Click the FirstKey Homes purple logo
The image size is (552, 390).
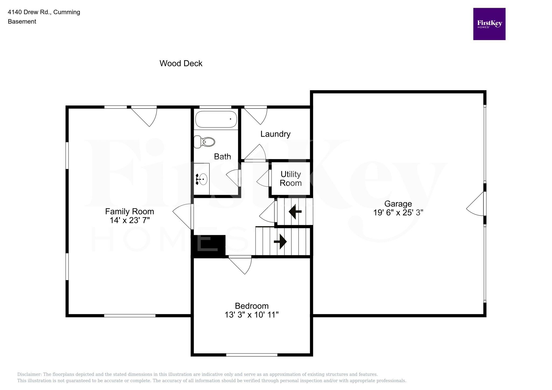[x=489, y=24]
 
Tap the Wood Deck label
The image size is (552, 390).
[x=181, y=63]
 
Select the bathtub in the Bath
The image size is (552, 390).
[x=216, y=119]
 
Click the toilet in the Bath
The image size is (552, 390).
[x=204, y=142]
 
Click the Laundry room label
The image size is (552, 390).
[x=275, y=134]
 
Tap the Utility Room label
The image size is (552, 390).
[x=291, y=179]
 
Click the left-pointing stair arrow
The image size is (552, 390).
[x=295, y=212]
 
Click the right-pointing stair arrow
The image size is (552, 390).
[x=280, y=241]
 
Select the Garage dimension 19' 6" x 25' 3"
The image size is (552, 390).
[x=398, y=213]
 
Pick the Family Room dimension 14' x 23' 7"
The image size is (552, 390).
[x=130, y=220]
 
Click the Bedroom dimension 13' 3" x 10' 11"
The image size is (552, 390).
[x=251, y=315]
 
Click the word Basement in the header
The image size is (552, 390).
[x=22, y=22]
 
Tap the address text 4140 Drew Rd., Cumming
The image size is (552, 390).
[x=44, y=12]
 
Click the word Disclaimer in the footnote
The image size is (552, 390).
[x=29, y=374]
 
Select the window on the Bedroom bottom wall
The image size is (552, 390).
[x=252, y=355]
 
